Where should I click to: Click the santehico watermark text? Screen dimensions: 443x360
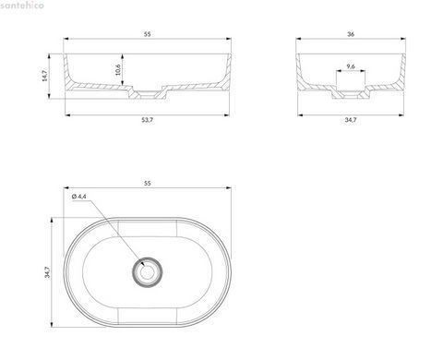[x=22, y=5]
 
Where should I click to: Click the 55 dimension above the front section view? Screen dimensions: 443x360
[x=148, y=34]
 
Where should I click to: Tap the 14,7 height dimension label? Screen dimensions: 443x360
[x=45, y=76]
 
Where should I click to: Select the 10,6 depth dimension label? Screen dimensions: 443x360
[x=118, y=70]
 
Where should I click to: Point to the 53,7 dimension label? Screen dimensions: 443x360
[x=147, y=120]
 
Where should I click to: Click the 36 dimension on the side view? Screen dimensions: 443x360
[x=351, y=34]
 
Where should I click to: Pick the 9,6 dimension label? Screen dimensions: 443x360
[x=351, y=66]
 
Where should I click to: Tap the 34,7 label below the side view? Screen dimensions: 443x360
[x=351, y=120]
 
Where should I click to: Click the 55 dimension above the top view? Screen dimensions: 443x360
[x=148, y=183]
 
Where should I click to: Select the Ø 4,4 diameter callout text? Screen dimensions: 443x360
[x=79, y=197]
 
